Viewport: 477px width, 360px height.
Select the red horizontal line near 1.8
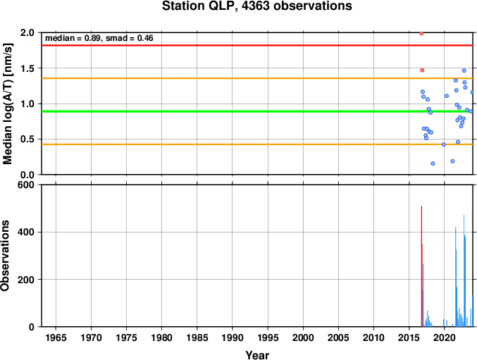tap(211, 45)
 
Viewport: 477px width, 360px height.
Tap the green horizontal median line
tap(211, 111)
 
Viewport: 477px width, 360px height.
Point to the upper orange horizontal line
tap(211, 78)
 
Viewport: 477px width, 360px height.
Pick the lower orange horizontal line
tap(211, 144)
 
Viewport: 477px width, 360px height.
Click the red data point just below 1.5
tap(422, 70)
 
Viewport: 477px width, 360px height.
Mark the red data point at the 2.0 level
tap(421, 33)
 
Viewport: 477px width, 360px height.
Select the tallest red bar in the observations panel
tap(421, 268)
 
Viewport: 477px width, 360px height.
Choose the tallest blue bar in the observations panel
tap(464, 271)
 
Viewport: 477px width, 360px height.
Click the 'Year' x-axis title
tap(256, 355)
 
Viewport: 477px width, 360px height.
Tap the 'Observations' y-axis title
tap(6, 256)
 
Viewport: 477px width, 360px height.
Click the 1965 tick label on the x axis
tap(56, 338)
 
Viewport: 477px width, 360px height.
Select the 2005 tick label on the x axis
tap(339, 338)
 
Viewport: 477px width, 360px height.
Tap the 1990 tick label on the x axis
tap(233, 338)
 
